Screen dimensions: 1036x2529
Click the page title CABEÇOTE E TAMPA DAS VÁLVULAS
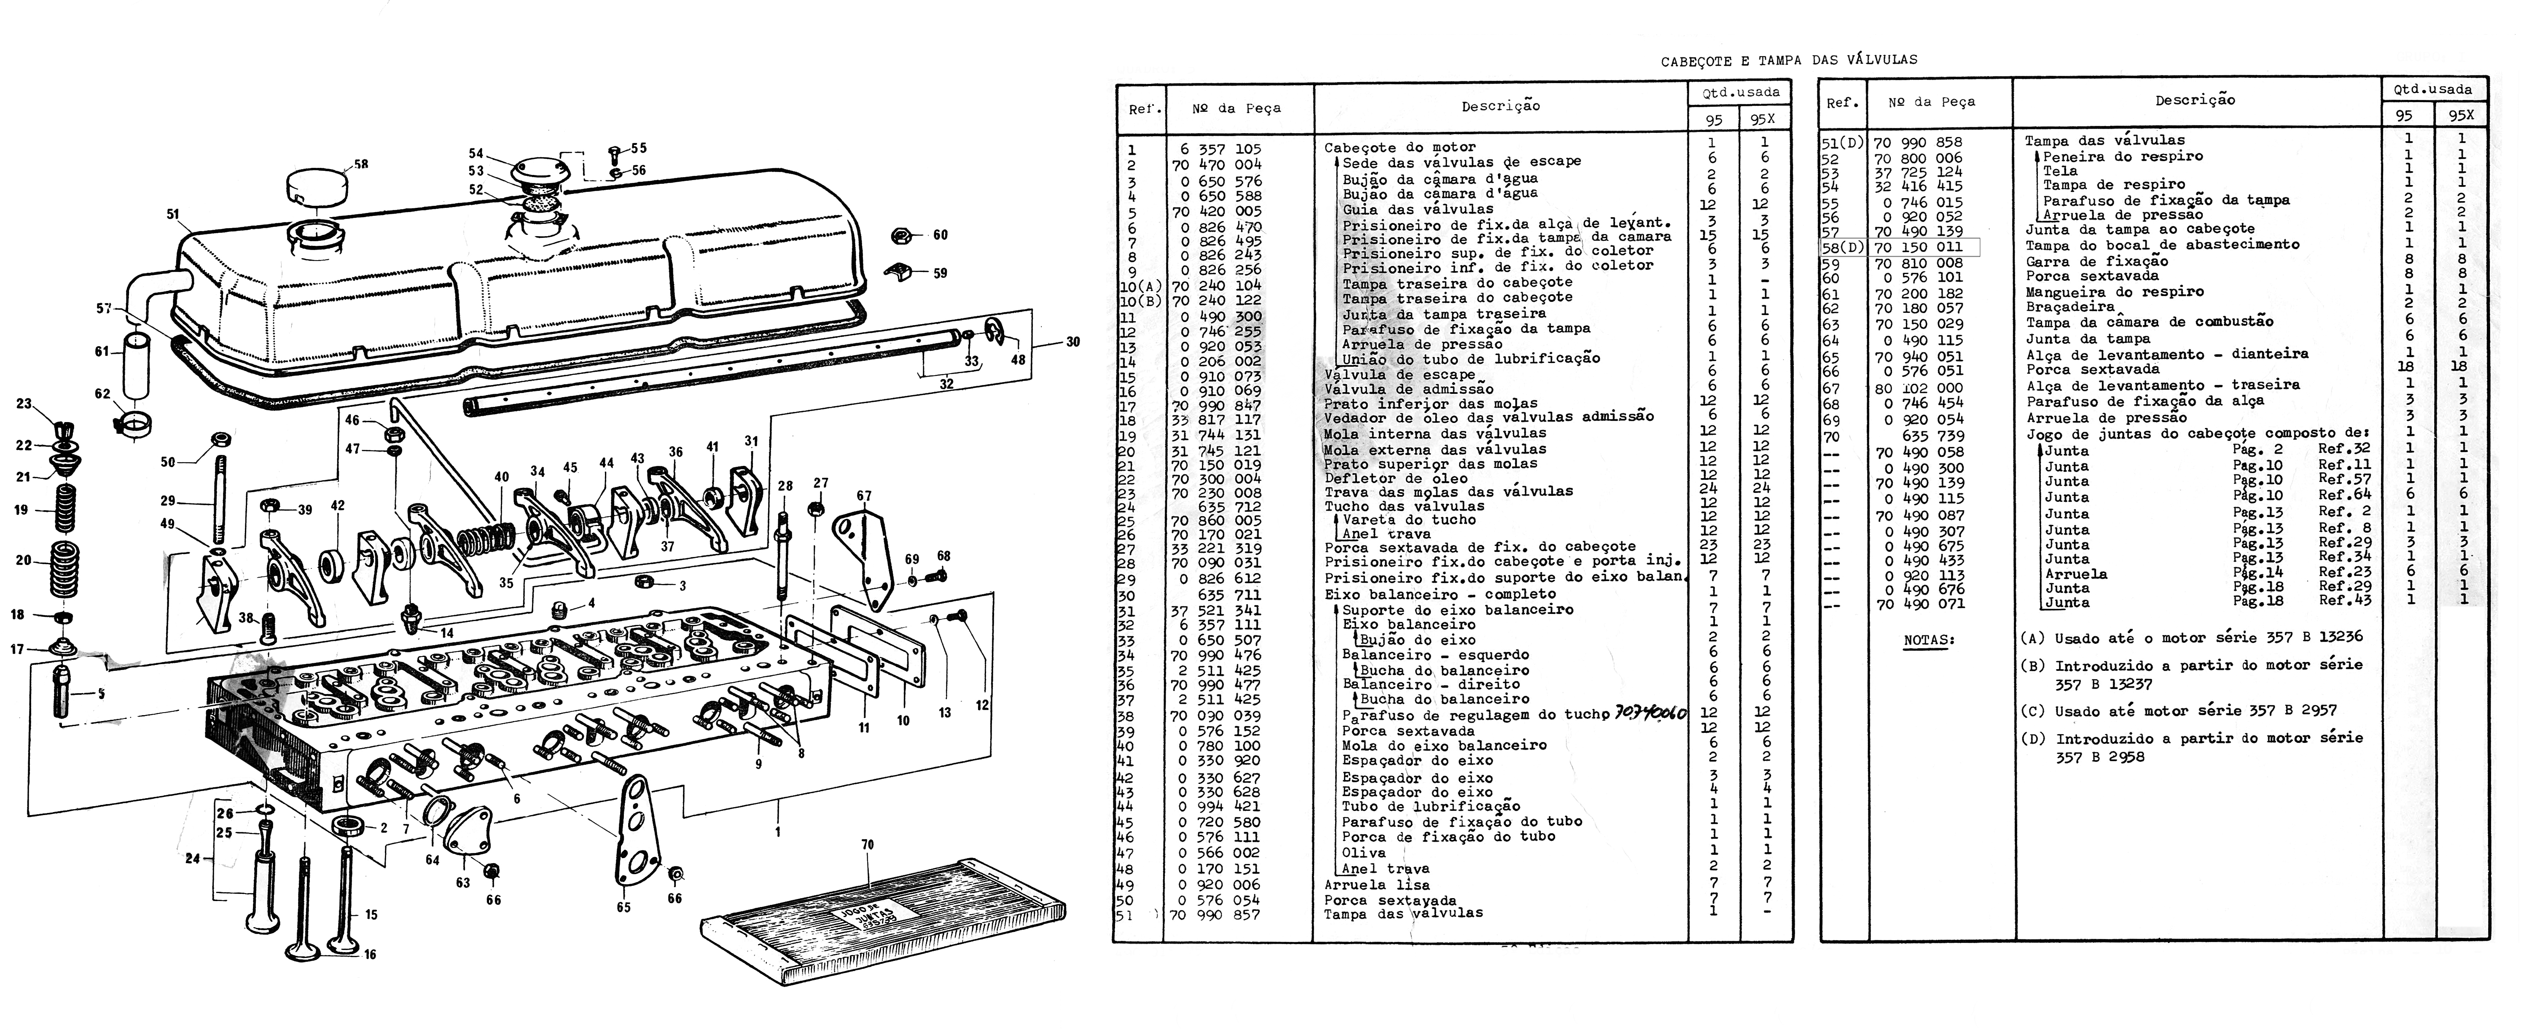pyautogui.click(x=1789, y=60)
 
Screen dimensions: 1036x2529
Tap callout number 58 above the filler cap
pyautogui.click(x=361, y=164)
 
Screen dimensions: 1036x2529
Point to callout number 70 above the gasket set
pyautogui.click(x=867, y=845)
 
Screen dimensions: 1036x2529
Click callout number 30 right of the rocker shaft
pyautogui.click(x=1073, y=342)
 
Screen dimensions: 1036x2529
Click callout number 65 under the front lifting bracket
pyautogui.click(x=624, y=907)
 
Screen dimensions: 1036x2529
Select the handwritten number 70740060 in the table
pyautogui.click(x=1649, y=714)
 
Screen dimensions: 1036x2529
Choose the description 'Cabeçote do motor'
pyautogui.click(x=1399, y=148)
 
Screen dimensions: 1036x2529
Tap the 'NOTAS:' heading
pyautogui.click(x=1929, y=640)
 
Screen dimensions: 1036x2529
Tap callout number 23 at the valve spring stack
pyautogui.click(x=24, y=404)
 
